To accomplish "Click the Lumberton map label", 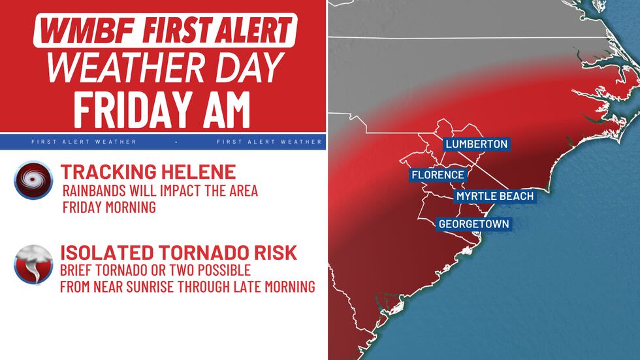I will tap(476, 144).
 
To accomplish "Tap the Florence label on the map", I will tap(438, 175).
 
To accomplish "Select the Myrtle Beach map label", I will tap(494, 196).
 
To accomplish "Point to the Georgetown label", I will tap(473, 224).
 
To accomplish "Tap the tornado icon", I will tap(33, 264).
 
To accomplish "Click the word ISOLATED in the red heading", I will tap(104, 252).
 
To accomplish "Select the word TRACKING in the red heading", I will tap(105, 172).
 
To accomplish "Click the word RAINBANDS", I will tap(94, 191).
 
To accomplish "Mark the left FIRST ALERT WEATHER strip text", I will tap(84, 141).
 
